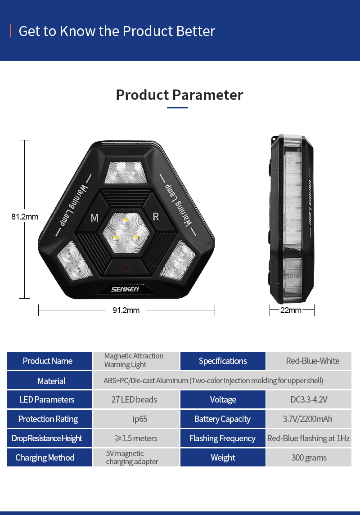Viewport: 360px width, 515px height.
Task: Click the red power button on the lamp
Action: tap(126, 267)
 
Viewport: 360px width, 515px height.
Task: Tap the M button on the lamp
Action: tap(94, 218)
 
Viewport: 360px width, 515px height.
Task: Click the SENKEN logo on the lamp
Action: tap(125, 289)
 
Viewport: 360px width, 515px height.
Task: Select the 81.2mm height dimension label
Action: tap(25, 217)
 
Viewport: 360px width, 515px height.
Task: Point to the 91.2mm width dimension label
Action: tap(126, 310)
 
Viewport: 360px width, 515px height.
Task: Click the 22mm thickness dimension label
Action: tap(291, 310)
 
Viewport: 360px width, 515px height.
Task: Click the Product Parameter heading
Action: tap(180, 95)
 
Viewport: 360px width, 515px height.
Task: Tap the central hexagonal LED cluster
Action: tap(126, 233)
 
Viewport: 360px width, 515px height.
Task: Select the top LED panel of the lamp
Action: tap(126, 172)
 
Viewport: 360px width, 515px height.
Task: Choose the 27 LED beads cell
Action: tap(136, 399)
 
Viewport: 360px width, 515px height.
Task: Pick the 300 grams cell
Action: tap(309, 457)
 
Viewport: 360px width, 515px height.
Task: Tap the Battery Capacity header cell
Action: tap(223, 419)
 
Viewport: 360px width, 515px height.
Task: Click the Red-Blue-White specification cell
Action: tap(309, 361)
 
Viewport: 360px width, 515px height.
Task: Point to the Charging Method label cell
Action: tap(49, 457)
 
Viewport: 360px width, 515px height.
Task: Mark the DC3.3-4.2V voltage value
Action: tap(309, 399)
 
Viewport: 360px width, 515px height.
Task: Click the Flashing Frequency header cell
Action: tap(223, 438)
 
